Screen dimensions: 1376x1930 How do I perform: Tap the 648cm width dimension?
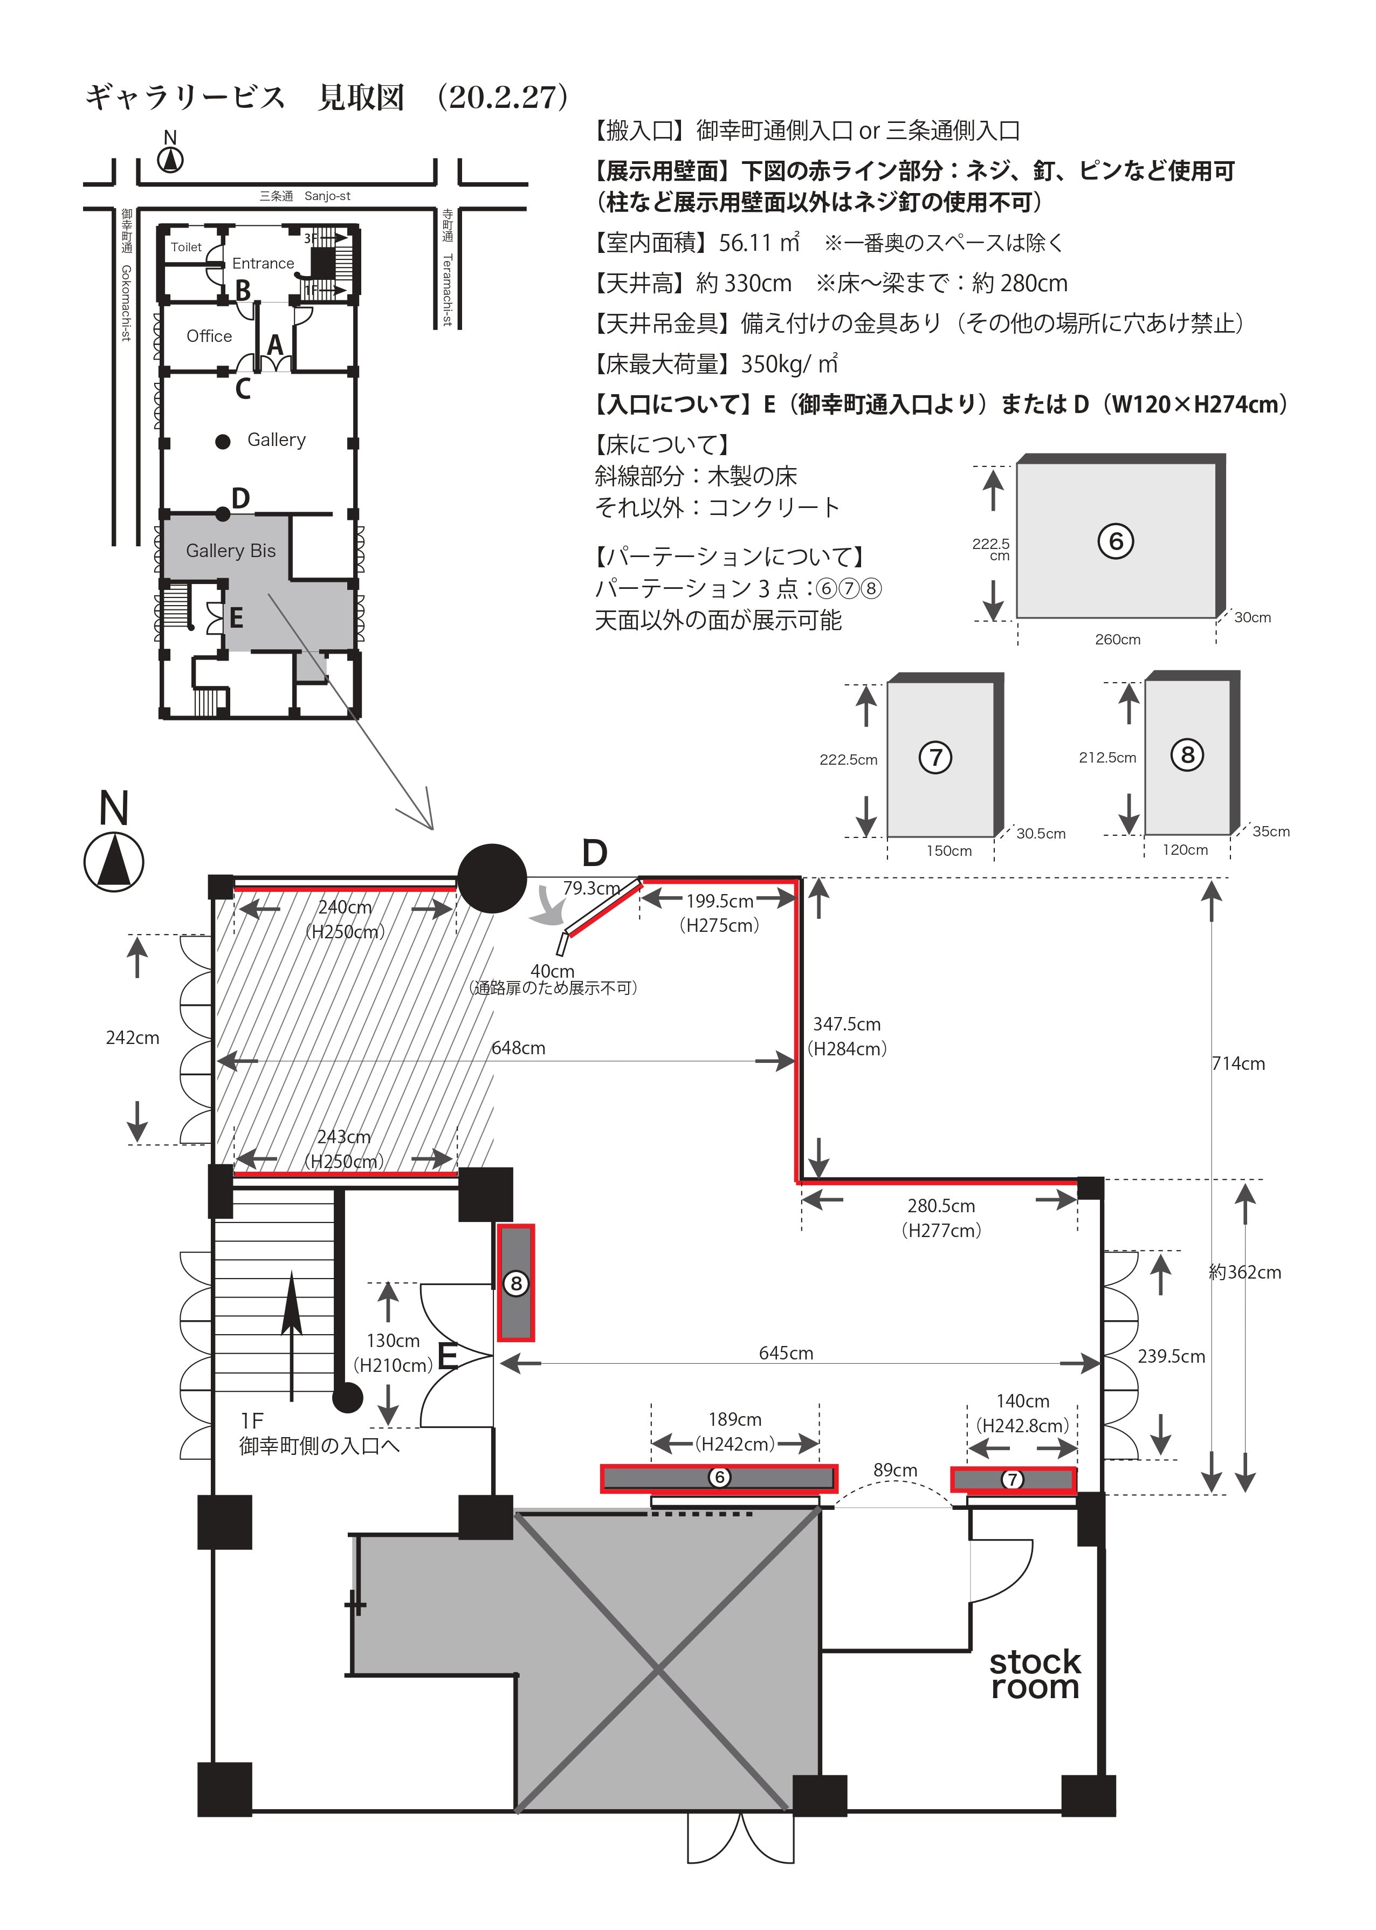pos(519,1048)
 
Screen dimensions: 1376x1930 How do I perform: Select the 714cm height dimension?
pos(1239,1063)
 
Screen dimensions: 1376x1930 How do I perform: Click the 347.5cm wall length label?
pos(847,1024)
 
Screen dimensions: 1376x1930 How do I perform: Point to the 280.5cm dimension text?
pos(941,1206)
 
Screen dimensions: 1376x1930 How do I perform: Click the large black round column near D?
pos(492,878)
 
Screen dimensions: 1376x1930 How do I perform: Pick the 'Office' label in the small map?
pos(209,336)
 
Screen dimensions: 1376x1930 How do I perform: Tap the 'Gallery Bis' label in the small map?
pos(230,551)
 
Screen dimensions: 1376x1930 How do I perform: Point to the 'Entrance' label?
pos(263,264)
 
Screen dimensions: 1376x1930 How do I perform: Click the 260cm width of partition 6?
pos(1118,640)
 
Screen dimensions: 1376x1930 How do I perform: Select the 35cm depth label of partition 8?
pos(1271,831)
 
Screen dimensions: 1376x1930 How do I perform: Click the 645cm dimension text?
pos(786,1353)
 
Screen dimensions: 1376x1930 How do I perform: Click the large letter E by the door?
pos(448,1357)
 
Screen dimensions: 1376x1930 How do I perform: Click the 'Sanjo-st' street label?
pos(327,196)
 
